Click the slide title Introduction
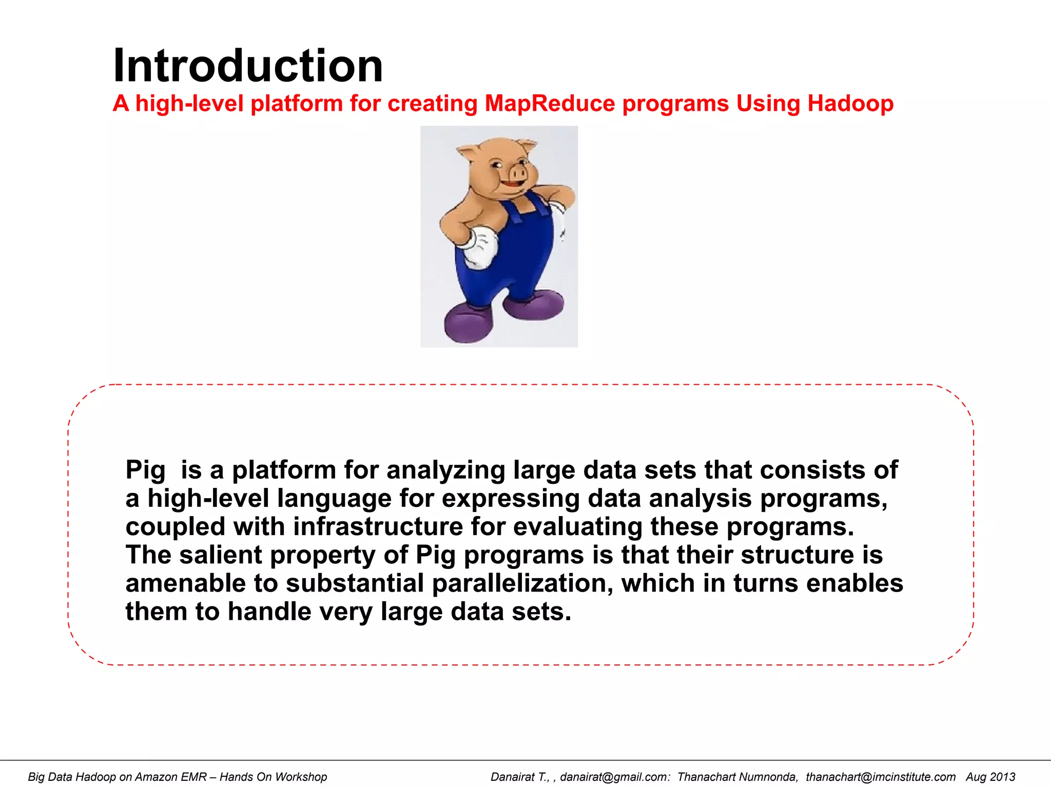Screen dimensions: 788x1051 click(x=248, y=66)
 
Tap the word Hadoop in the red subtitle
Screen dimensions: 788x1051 click(x=850, y=104)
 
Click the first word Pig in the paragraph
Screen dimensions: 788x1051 click(x=145, y=470)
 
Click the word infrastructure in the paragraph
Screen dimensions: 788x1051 click(x=378, y=527)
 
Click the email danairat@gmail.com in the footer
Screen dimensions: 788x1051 click(x=614, y=777)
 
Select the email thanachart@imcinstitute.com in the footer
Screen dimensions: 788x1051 click(x=880, y=777)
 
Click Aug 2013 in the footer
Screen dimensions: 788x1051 click(x=990, y=777)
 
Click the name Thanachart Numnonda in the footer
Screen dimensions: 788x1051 click(x=737, y=777)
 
